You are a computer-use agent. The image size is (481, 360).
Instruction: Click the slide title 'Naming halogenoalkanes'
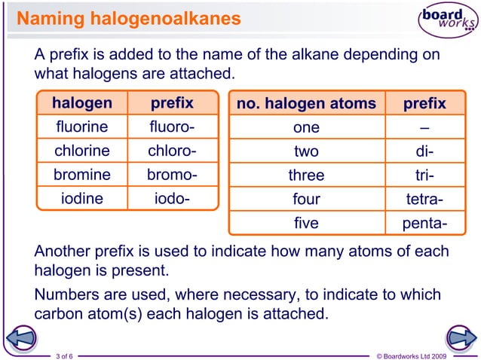129,17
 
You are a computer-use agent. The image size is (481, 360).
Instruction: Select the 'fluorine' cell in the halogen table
82,127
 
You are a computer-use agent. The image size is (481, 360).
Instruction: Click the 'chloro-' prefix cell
172,151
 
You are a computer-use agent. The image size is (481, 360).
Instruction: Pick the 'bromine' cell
82,175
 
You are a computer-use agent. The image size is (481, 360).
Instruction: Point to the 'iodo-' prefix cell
172,199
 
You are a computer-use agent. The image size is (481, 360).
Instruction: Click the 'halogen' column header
82,103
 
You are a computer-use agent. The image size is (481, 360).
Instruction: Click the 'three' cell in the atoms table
306,175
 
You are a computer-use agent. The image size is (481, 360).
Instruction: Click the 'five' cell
306,224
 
